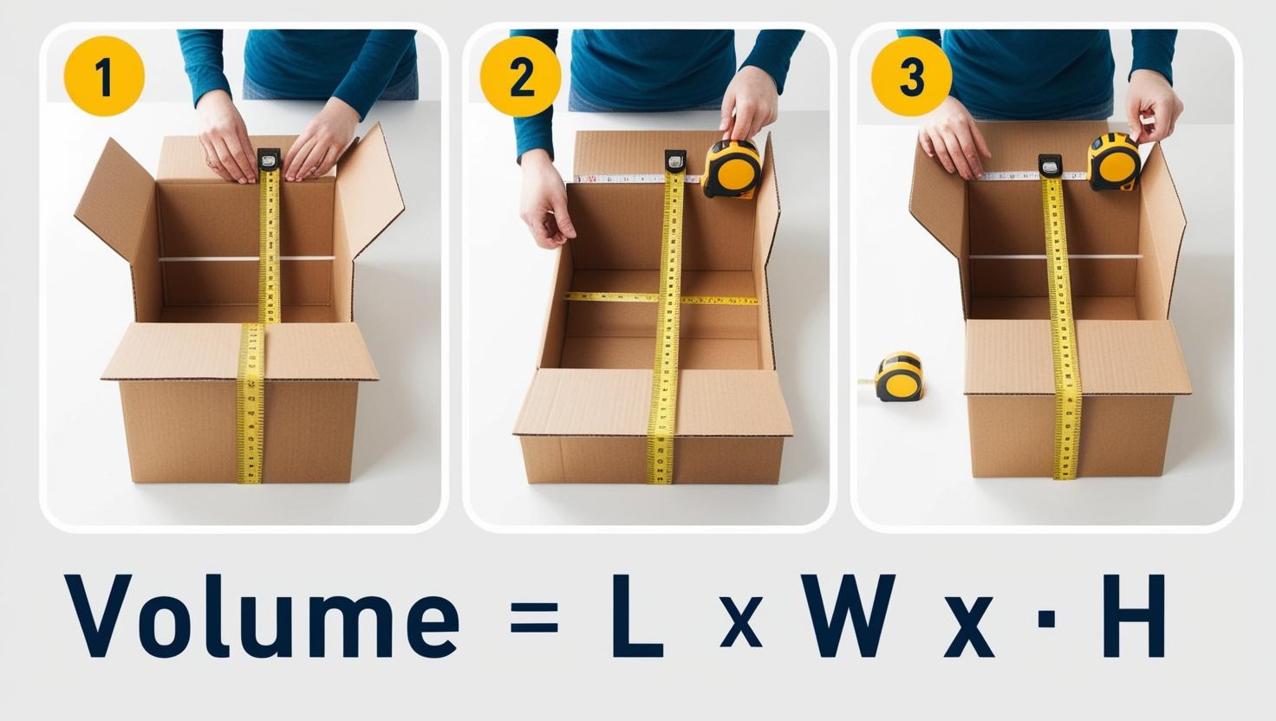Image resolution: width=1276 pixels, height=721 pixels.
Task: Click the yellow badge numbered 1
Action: click(104, 76)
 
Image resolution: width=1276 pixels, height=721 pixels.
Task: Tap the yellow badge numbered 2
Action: click(521, 76)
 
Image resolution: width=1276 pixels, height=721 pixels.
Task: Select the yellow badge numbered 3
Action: click(911, 76)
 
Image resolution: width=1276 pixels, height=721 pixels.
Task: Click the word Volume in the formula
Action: click(261, 615)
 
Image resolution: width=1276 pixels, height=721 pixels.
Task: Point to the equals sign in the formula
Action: click(534, 618)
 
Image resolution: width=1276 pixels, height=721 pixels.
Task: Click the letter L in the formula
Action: click(637, 615)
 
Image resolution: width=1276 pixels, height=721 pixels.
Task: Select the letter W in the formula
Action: click(846, 615)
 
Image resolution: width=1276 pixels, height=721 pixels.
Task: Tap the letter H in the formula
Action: click(1134, 615)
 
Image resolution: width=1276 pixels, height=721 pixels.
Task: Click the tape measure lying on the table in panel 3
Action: click(898, 376)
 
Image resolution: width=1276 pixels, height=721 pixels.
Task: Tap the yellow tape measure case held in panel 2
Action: click(732, 169)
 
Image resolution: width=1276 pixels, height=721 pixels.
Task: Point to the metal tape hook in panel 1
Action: click(269, 159)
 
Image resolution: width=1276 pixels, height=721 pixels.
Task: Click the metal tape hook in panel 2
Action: click(675, 160)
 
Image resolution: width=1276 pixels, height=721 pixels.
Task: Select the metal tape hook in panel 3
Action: click(1049, 166)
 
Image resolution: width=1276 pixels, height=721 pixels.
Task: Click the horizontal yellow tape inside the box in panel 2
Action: click(661, 298)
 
